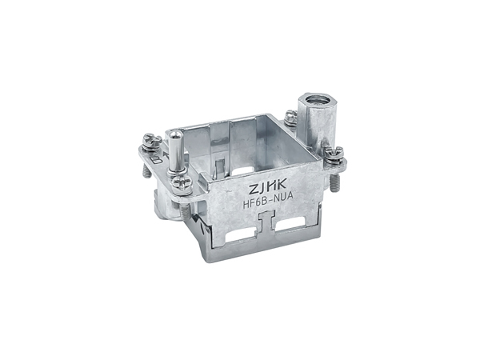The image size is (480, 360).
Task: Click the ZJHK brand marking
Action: (x=267, y=188)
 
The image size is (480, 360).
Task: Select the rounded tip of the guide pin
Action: (x=174, y=135)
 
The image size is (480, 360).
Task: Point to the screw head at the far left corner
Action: (x=152, y=140)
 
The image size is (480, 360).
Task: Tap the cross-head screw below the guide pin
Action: (x=182, y=184)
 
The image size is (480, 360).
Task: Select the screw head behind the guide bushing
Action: (x=291, y=117)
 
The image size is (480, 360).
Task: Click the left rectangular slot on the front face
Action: (x=240, y=237)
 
